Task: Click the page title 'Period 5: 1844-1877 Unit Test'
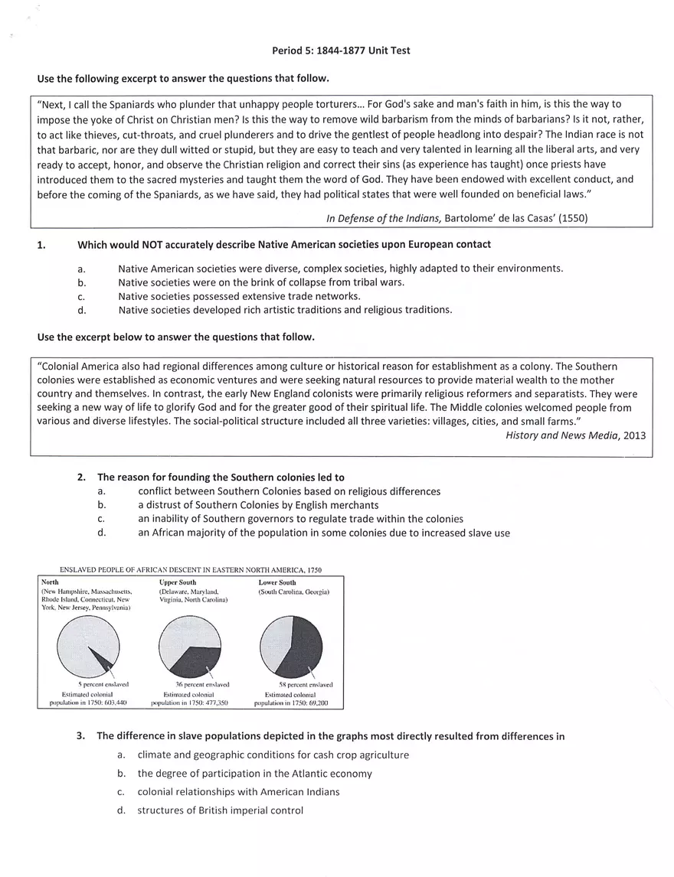pyautogui.click(x=341, y=51)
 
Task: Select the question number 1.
pyautogui.click(x=41, y=245)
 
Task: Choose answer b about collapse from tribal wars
pyautogui.click(x=261, y=282)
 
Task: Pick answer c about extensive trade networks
pyautogui.click(x=239, y=295)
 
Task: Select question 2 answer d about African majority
pyautogui.click(x=324, y=533)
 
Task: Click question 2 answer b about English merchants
pyautogui.click(x=258, y=505)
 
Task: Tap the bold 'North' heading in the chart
pyautogui.click(x=50, y=582)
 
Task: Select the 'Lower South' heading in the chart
pyautogui.click(x=276, y=582)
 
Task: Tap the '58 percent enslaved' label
pyautogui.click(x=306, y=684)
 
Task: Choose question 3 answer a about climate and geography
pyautogui.click(x=273, y=755)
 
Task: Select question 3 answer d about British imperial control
pyautogui.click(x=221, y=810)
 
